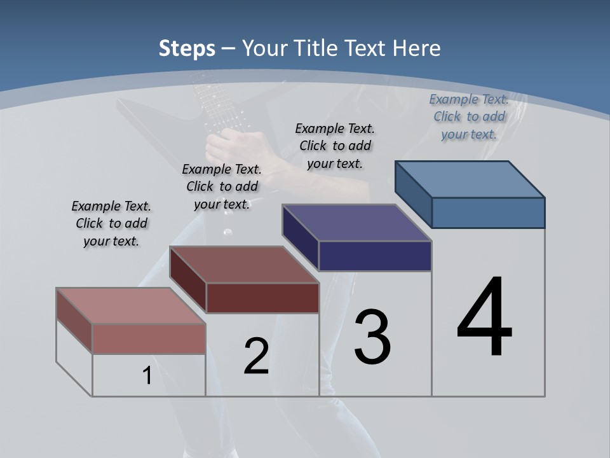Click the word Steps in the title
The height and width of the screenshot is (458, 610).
point(187,48)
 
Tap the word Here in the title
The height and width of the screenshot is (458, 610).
point(416,48)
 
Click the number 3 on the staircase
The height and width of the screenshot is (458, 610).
point(372,337)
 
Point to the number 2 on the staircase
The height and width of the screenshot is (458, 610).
point(257,356)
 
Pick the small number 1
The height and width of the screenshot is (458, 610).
point(147,376)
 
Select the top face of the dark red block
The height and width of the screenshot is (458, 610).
point(244,265)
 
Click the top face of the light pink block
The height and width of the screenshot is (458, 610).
point(131,306)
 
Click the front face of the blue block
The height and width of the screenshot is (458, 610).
point(488,212)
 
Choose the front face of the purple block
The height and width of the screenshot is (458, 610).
point(375,256)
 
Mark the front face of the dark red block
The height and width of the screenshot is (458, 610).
point(262,298)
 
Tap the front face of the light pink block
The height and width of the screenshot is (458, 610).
point(149,338)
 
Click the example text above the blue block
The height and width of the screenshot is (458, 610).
point(469,116)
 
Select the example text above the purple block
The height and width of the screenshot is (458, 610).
point(335,146)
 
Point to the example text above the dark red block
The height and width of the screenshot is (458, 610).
point(222,186)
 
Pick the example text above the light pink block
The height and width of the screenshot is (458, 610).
point(111,223)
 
